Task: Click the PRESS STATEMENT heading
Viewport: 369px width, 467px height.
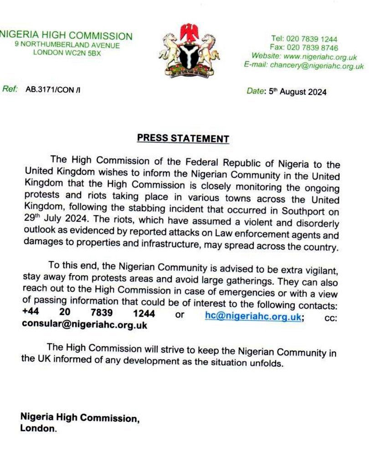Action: click(x=183, y=138)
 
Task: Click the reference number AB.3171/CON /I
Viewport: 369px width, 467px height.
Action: click(x=53, y=90)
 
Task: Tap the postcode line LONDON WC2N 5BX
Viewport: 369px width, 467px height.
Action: click(x=67, y=53)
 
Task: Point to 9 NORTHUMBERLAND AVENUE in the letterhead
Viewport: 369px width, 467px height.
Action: click(x=67, y=45)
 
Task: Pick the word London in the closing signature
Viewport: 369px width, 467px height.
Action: click(x=38, y=429)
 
